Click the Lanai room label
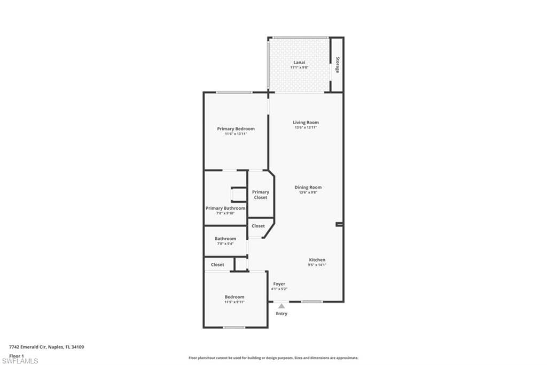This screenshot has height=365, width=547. point(299,62)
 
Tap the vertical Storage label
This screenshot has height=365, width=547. point(338,65)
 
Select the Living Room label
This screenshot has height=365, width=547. point(306,123)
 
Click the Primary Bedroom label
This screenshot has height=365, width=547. point(236,128)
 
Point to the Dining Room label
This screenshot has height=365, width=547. point(308,187)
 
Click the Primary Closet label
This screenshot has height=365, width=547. point(261,195)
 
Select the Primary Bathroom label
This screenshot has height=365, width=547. point(225,208)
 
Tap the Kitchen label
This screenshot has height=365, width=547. point(317,260)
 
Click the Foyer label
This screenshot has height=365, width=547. point(279,284)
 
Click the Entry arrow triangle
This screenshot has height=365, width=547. point(282,306)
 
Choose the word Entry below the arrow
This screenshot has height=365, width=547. point(282,314)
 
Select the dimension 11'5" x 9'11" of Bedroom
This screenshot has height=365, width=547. point(235,302)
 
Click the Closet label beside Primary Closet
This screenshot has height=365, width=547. point(258,226)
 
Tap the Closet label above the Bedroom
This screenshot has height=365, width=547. point(217,264)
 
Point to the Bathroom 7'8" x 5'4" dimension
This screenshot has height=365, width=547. point(225,244)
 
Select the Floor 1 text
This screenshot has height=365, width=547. point(17,355)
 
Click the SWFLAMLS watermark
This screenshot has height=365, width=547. point(20,361)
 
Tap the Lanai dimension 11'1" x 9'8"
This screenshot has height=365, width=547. point(299,67)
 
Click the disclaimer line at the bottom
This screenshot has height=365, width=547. point(273,358)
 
